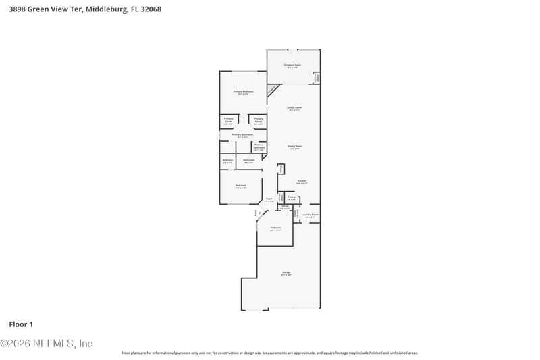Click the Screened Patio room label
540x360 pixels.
click(293, 66)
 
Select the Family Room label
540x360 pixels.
click(294, 109)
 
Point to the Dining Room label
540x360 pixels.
click(295, 147)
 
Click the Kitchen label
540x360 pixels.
click(302, 181)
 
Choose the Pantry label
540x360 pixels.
click(291, 199)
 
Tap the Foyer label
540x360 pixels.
click(269, 199)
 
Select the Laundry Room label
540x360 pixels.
click(310, 215)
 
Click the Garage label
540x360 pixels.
click(286, 273)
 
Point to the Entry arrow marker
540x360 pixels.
click(256, 214)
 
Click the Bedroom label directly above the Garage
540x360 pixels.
click(275, 229)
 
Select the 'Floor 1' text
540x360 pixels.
click(20, 324)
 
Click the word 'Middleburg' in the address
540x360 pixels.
click(104, 9)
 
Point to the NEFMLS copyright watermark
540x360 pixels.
click(47, 343)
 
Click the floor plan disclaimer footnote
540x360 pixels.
click(269, 353)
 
